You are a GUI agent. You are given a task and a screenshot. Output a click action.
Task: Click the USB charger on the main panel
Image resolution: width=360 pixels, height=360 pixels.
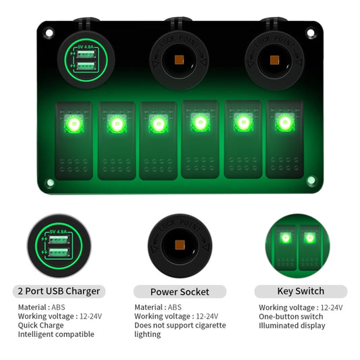coord(85,60)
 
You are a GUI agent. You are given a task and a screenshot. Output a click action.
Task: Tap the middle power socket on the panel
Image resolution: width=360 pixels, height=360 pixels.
coord(180,60)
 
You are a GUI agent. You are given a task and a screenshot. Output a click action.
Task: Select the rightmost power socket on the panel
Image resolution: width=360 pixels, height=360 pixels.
coord(275,60)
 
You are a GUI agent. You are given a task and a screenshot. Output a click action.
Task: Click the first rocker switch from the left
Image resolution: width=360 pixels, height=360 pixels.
coord(74,140)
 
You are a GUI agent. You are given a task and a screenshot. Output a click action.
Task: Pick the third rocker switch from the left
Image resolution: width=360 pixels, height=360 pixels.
coord(157,140)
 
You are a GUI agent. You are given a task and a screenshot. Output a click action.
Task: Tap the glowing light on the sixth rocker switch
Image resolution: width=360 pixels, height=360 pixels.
coord(284,123)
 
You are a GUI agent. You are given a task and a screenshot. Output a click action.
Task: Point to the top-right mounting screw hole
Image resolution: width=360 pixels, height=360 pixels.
coord(311,32)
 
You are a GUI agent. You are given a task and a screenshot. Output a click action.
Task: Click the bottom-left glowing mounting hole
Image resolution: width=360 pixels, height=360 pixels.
coord(50,182)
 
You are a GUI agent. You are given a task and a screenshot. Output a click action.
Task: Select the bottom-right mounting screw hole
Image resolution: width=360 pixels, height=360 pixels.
coord(311,180)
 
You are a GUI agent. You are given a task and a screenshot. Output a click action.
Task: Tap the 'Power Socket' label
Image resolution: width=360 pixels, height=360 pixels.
coord(180,292)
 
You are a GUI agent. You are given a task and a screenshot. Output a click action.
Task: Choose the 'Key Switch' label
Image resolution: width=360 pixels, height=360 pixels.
coord(301,292)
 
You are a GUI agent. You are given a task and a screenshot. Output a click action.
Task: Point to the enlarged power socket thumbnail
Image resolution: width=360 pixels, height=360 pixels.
coord(180,245)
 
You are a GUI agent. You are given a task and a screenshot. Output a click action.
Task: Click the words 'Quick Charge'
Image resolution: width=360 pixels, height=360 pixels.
coord(41,325)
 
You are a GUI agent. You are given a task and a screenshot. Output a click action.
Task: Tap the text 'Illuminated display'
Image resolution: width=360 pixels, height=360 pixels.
coord(292,326)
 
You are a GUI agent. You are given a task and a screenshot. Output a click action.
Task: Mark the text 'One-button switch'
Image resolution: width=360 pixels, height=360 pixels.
coord(291,317)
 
